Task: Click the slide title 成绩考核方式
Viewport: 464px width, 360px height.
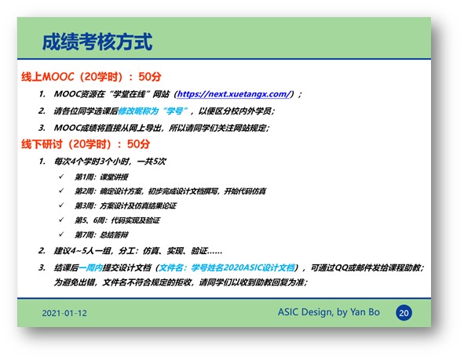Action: pyautogui.click(x=97, y=42)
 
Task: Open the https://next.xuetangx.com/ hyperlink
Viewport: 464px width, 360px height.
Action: pyautogui.click(x=234, y=94)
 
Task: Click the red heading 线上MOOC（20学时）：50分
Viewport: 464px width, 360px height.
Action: pyautogui.click(x=91, y=77)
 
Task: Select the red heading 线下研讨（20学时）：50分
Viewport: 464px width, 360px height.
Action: pyautogui.click(x=86, y=144)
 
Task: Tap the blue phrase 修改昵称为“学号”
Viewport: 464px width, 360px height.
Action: pyautogui.click(x=153, y=111)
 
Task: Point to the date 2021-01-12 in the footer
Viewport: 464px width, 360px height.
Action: pyautogui.click(x=64, y=313)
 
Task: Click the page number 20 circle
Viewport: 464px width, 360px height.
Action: pyautogui.click(x=404, y=313)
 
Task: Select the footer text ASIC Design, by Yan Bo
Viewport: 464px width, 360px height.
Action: pyautogui.click(x=328, y=312)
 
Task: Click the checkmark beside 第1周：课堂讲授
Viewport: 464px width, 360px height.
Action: pyautogui.click(x=61, y=176)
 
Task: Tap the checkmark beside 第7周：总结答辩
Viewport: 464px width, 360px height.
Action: pyautogui.click(x=61, y=235)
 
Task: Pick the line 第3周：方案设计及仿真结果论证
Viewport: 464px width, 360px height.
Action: pyautogui.click(x=126, y=205)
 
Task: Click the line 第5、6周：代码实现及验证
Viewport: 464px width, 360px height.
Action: pyautogui.click(x=117, y=220)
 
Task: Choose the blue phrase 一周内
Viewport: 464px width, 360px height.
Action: pyautogui.click(x=90, y=267)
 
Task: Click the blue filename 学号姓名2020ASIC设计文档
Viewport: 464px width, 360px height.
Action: pyautogui.click(x=243, y=267)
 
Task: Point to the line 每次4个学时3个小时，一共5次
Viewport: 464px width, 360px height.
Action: pyautogui.click(x=110, y=162)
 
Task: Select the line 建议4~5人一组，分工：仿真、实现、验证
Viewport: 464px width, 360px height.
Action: pyautogui.click(x=138, y=251)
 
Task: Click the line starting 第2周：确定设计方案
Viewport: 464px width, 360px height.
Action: pyautogui.click(x=170, y=191)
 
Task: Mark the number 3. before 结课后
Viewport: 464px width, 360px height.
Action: pyautogui.click(x=42, y=267)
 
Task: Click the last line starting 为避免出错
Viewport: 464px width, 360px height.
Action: pyautogui.click(x=181, y=282)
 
